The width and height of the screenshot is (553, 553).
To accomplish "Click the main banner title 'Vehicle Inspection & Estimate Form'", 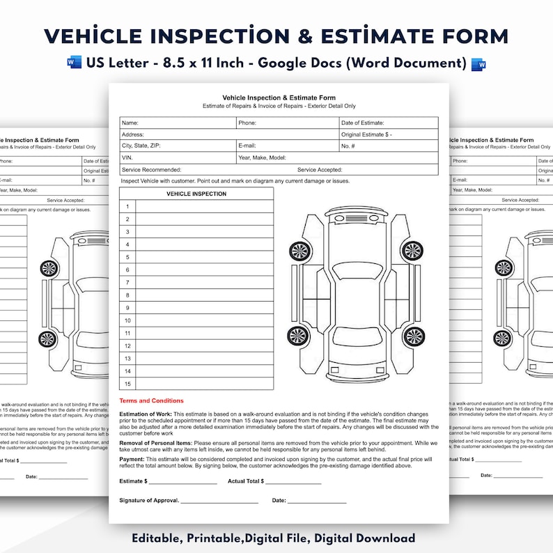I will (276, 37).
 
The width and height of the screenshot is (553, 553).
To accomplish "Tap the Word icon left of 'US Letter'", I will (75, 63).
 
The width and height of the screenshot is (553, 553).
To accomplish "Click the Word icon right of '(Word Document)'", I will (478, 63).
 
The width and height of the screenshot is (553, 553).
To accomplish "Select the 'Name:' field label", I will (130, 123).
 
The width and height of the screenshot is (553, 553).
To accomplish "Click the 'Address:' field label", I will (133, 134).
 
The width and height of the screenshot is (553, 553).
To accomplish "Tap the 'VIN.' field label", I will (127, 158).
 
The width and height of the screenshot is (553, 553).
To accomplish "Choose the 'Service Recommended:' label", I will (151, 170).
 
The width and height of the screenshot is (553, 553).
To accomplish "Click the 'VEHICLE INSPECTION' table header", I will (196, 194).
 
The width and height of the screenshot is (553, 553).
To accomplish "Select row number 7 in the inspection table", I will (127, 283).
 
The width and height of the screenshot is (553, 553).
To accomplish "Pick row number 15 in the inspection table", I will (127, 384).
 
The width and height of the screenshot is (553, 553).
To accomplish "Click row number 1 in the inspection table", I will (127, 207).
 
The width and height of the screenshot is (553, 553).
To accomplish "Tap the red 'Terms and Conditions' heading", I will (152, 401).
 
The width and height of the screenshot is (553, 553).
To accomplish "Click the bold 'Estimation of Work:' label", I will (146, 414).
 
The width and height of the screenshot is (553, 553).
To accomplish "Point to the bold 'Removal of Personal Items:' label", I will (156, 443).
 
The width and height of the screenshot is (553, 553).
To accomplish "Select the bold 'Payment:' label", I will (132, 460).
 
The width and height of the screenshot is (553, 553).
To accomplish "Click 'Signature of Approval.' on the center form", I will (149, 501).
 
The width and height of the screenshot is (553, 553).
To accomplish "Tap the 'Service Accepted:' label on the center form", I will (320, 170).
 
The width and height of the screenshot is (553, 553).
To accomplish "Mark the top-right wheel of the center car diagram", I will (412, 251).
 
